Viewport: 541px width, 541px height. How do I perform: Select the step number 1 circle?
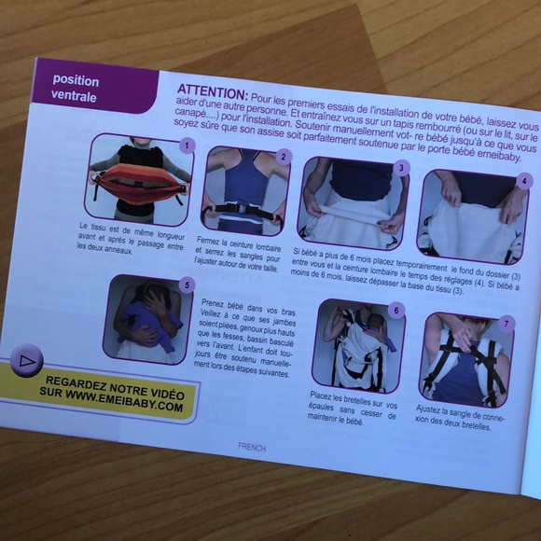187,145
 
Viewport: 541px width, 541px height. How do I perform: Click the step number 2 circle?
284,157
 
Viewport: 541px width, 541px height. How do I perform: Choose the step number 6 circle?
396,310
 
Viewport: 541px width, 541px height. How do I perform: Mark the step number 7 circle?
506,325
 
